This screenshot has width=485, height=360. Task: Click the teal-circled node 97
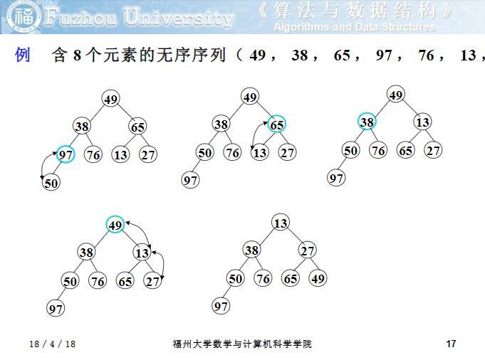click(x=66, y=154)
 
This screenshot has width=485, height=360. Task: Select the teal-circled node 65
click(x=277, y=125)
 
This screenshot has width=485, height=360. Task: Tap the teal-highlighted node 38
click(x=367, y=122)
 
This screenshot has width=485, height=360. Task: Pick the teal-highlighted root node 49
click(x=115, y=225)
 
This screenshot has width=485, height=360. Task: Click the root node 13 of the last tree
click(x=281, y=223)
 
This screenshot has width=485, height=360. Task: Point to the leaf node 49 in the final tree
click(x=318, y=278)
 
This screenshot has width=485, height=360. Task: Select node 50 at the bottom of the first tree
click(x=51, y=183)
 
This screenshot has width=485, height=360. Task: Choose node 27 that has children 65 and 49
click(x=307, y=250)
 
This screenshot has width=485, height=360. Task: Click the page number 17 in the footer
click(x=450, y=344)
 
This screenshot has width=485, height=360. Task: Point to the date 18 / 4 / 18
click(x=52, y=344)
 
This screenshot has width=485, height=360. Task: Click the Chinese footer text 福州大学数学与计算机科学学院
click(x=242, y=344)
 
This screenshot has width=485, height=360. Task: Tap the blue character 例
click(x=23, y=55)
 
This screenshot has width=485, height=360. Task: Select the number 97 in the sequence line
click(x=385, y=55)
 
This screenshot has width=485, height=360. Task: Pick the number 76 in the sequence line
click(x=427, y=55)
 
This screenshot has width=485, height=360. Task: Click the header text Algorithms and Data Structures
click(x=354, y=27)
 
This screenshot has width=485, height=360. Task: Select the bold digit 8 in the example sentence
click(x=78, y=55)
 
